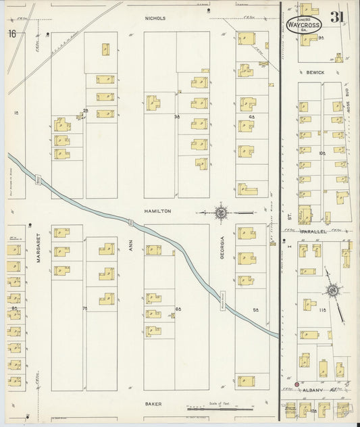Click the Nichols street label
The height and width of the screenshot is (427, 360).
(155, 18)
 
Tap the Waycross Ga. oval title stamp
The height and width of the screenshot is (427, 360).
(304, 24)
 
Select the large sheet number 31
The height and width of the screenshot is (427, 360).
(339, 19)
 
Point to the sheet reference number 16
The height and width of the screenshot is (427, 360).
(12, 34)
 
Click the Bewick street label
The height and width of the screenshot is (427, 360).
(315, 72)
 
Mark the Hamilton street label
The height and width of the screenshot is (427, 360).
(157, 211)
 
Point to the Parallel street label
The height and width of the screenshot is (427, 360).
(315, 231)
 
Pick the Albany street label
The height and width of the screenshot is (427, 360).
(313, 391)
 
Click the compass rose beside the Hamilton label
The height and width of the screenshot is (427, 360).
(222, 214)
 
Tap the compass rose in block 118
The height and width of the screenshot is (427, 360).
(332, 291)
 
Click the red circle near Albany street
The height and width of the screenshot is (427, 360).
(297, 384)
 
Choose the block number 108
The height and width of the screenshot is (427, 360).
(323, 154)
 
